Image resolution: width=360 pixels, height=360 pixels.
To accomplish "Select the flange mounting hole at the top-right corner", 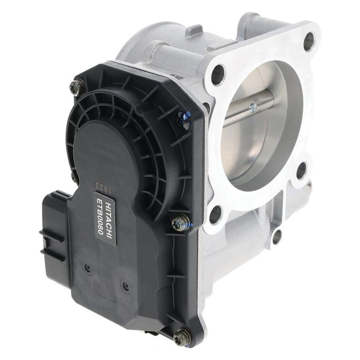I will [309, 41].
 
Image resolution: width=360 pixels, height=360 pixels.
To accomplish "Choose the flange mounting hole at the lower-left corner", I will [215, 214].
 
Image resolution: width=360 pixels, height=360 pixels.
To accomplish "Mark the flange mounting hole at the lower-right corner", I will [301, 170].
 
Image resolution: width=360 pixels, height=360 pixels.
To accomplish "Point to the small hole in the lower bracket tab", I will [277, 236].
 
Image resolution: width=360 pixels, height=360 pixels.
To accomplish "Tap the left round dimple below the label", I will [88, 267].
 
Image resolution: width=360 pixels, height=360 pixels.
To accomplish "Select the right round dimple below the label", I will [125, 286].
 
